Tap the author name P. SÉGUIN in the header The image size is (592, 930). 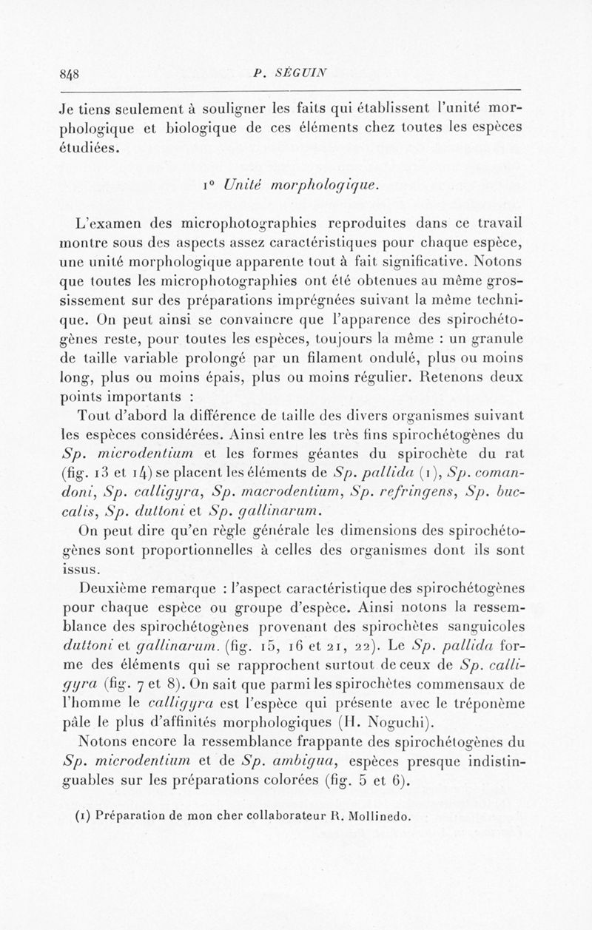click(295, 73)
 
